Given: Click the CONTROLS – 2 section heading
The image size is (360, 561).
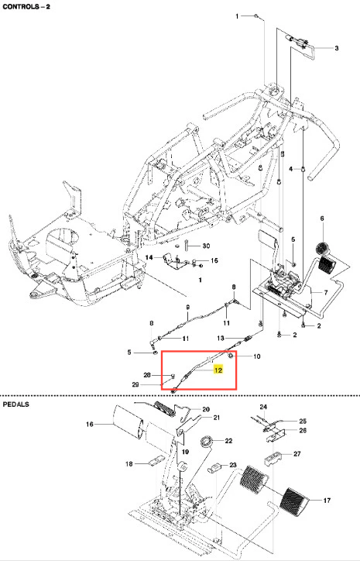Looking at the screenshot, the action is [x=26, y=6].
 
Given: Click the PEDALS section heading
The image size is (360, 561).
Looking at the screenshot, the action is [x=16, y=404].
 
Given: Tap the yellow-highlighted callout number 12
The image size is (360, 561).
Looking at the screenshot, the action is [x=218, y=370].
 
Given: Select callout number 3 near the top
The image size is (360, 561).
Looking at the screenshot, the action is [x=337, y=48].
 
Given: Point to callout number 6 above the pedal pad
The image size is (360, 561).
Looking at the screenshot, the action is [x=322, y=219].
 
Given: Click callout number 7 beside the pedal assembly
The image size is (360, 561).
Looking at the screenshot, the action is [x=326, y=293].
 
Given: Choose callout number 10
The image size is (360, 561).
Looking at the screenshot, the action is [x=257, y=356].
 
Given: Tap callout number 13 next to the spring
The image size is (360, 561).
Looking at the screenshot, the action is [x=221, y=338].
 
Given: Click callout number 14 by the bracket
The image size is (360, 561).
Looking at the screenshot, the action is [x=149, y=257].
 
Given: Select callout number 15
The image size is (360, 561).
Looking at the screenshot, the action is [x=214, y=260].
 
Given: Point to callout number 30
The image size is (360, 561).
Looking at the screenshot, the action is [x=206, y=246].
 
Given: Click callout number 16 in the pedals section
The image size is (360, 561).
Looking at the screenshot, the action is [x=89, y=424].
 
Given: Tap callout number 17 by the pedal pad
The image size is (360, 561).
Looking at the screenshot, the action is [x=327, y=501].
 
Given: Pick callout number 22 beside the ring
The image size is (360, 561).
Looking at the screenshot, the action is [x=229, y=441].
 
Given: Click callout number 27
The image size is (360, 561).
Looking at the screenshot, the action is [x=297, y=453].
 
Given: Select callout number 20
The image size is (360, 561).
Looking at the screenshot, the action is [x=206, y=409].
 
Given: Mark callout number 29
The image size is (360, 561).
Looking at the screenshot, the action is [x=135, y=384].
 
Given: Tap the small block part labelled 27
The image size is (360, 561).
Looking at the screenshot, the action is [x=273, y=459].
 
